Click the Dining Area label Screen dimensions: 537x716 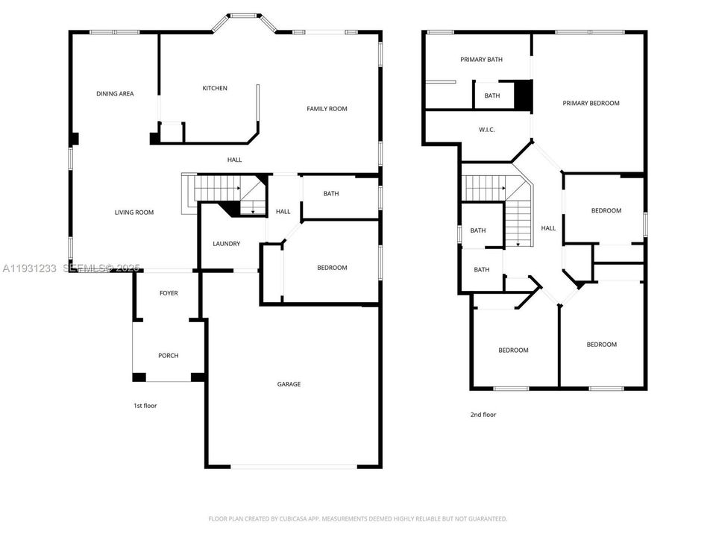click(x=115, y=94)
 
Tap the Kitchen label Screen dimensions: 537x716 click(x=215, y=88)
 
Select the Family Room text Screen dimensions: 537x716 click(x=327, y=109)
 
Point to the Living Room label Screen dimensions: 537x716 click(x=134, y=213)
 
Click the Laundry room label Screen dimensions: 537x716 click(x=226, y=244)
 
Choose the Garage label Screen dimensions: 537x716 click(x=289, y=384)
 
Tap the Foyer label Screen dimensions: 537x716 click(x=169, y=293)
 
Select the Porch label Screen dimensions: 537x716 click(x=169, y=356)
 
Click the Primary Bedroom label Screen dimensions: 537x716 click(x=591, y=104)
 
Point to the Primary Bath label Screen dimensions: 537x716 click(x=481, y=60)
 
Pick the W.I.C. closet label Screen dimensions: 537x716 click(x=486, y=130)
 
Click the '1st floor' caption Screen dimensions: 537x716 click(x=145, y=406)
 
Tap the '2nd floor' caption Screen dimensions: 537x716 click(x=483, y=415)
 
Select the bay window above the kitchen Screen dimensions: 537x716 click(x=245, y=19)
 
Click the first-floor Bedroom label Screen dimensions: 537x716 click(x=332, y=268)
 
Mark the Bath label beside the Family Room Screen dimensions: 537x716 click(x=331, y=194)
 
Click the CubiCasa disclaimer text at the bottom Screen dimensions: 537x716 click(x=357, y=518)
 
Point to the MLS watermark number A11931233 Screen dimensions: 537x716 click(x=29, y=268)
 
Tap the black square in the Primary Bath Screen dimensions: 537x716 click(x=524, y=95)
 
